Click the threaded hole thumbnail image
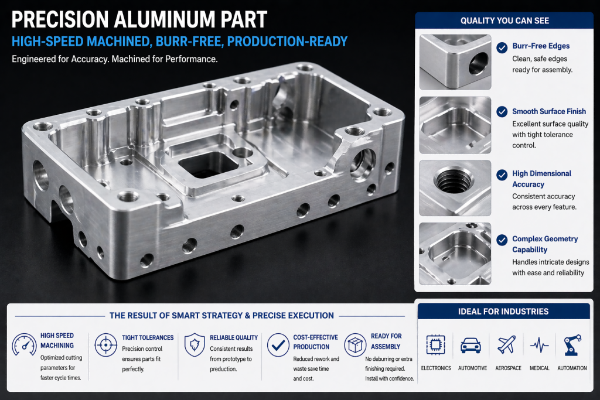pyautogui.click(x=455, y=188)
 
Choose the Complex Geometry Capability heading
pyautogui.click(x=545, y=244)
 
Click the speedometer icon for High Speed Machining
pyautogui.click(x=24, y=345)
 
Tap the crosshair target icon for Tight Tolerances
pyautogui.click(x=105, y=345)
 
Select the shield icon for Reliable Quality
pyautogui.click(x=194, y=345)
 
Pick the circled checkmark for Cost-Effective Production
pyautogui.click(x=277, y=345)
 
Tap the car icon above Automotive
pyautogui.click(x=471, y=345)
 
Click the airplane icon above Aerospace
pyautogui.click(x=506, y=345)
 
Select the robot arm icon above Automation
pyautogui.click(x=572, y=345)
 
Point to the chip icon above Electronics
pyautogui.click(x=436, y=345)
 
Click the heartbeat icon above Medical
pyautogui.click(x=539, y=346)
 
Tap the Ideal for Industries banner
pyautogui.click(x=503, y=312)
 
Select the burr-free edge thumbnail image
pyautogui.click(x=455, y=61)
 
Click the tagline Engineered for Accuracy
pyautogui.click(x=114, y=60)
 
